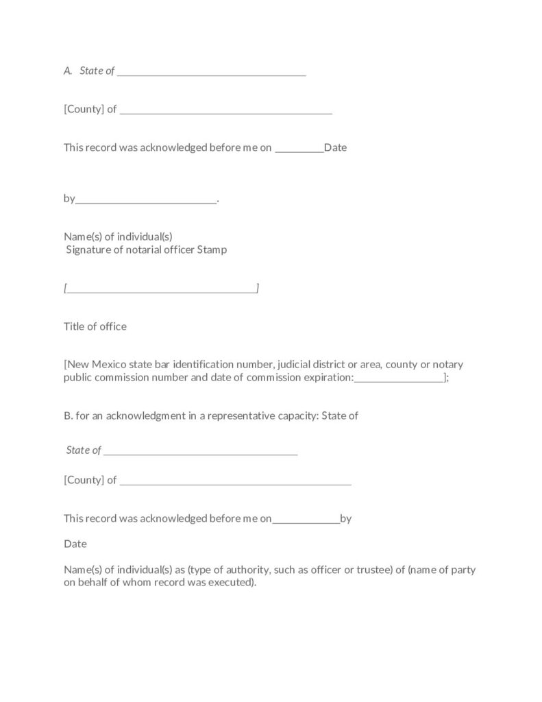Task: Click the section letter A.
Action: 67,71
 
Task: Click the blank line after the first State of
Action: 211,73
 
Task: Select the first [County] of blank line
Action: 225,111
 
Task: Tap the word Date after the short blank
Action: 335,147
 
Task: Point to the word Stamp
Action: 212,250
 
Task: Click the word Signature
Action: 88,250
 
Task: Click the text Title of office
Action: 95,326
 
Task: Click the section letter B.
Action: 67,415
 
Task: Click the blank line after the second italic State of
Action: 200,452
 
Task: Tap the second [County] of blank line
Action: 235,482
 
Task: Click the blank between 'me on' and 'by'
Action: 306,520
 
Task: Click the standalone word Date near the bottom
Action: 75,544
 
